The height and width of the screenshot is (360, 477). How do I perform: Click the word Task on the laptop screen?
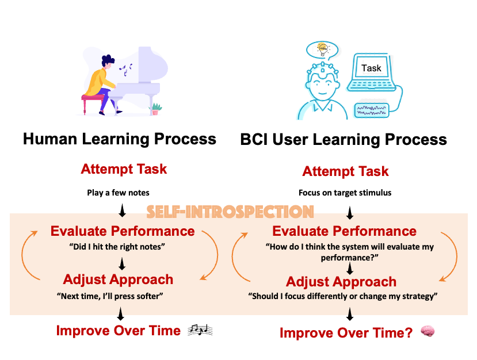point(371,68)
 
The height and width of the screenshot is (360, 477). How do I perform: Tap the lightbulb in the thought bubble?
point(323,49)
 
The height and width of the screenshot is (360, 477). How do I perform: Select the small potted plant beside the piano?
point(155,109)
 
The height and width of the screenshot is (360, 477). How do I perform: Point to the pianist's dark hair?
point(108,60)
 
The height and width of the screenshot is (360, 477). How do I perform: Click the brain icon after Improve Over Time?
point(428,331)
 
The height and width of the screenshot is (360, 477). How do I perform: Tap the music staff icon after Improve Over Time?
point(200,330)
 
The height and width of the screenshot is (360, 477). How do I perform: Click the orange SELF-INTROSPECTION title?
point(230,212)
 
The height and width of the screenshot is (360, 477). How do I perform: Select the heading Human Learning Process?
point(120,139)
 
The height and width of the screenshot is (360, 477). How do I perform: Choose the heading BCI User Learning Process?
point(344,140)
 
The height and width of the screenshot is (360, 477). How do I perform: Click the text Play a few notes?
point(118,193)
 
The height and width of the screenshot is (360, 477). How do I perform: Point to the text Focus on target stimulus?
point(345,193)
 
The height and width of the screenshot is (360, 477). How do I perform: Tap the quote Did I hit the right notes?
point(117,246)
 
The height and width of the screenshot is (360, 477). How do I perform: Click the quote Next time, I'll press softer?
point(110,296)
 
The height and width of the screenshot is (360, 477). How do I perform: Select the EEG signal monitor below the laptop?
point(372,110)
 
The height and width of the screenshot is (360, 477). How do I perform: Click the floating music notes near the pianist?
point(125,70)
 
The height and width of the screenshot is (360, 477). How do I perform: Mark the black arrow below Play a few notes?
point(123,210)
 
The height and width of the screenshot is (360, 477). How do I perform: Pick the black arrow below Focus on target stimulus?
point(350,213)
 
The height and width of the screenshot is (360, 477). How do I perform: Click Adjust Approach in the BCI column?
point(341,282)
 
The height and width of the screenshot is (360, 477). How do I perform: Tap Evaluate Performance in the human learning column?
point(123,231)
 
